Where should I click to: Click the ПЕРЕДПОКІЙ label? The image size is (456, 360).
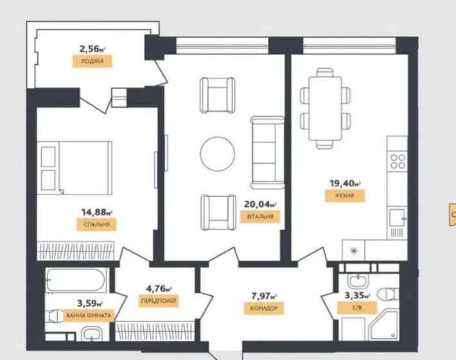[x=157, y=300]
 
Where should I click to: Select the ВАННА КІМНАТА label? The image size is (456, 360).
[x=89, y=315]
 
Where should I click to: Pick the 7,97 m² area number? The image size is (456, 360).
[x=264, y=296]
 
